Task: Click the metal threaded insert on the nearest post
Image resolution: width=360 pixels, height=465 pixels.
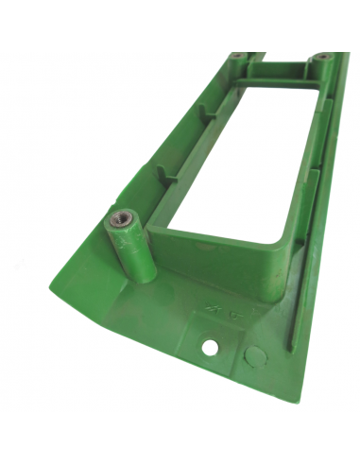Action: (x=119, y=220)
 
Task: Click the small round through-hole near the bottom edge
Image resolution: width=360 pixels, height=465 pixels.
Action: (x=210, y=348)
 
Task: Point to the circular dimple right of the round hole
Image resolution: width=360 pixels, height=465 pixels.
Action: (x=253, y=357)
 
